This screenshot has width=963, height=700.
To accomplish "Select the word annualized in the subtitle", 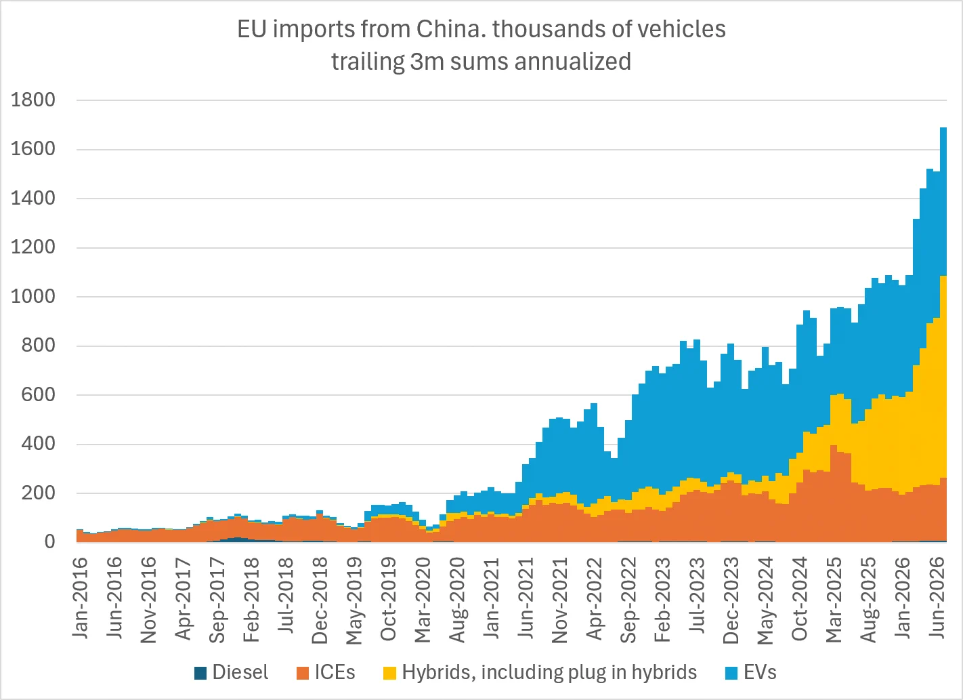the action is [573, 62].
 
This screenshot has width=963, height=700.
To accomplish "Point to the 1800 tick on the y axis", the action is [33, 100].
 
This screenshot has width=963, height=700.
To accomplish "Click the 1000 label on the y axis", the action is [33, 296].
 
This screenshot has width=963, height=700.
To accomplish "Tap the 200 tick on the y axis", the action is [38, 493].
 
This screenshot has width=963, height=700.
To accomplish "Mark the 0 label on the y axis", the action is [50, 541].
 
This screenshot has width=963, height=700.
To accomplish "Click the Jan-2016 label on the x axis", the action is [80, 598].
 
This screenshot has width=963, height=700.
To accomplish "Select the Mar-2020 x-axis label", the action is [423, 600].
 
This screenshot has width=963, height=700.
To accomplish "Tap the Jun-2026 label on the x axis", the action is [937, 598].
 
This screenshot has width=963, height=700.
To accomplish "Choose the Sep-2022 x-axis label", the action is [628, 600].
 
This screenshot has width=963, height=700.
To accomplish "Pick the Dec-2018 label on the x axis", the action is [320, 600].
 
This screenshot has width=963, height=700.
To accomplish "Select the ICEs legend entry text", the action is [335, 672].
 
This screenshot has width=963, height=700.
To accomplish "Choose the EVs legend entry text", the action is [760, 672].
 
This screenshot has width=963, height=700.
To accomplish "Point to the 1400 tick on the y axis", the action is [33, 199].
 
